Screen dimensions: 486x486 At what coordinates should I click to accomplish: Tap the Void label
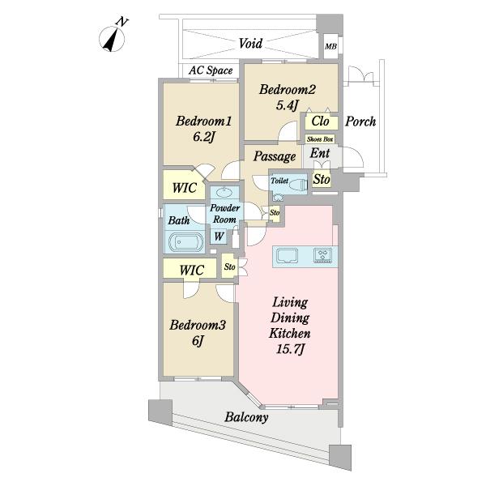pos(250,44)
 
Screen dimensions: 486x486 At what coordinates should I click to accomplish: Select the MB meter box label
pos(330,47)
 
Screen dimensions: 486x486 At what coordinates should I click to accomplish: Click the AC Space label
pos(211,70)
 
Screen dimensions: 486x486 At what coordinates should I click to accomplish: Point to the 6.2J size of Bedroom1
pos(203,137)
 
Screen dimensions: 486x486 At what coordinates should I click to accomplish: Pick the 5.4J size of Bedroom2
pos(288,105)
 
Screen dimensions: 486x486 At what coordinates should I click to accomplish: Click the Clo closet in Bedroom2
pos(321,122)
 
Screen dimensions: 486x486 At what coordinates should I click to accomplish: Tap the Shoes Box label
pos(320,139)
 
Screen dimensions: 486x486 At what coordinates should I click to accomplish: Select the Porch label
pos(360,122)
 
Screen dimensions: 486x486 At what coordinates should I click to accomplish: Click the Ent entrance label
pos(320,153)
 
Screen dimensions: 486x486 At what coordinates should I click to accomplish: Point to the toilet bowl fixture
pos(297,185)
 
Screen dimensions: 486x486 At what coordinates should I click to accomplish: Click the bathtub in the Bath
pos(186,242)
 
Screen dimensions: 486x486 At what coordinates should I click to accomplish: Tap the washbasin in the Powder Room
pos(224,193)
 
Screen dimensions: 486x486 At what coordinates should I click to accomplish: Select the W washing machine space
pos(219,237)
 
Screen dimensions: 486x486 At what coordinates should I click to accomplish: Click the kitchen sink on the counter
pos(287,256)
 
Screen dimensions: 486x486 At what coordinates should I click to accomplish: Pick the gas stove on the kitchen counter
pos(323,256)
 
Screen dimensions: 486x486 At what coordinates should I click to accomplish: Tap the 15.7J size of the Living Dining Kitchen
pos(291,350)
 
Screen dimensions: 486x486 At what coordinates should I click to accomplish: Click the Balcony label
pos(246,417)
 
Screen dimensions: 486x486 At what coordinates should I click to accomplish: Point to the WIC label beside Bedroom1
pos(185,188)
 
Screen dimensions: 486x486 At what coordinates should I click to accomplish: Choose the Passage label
pos(275,156)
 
